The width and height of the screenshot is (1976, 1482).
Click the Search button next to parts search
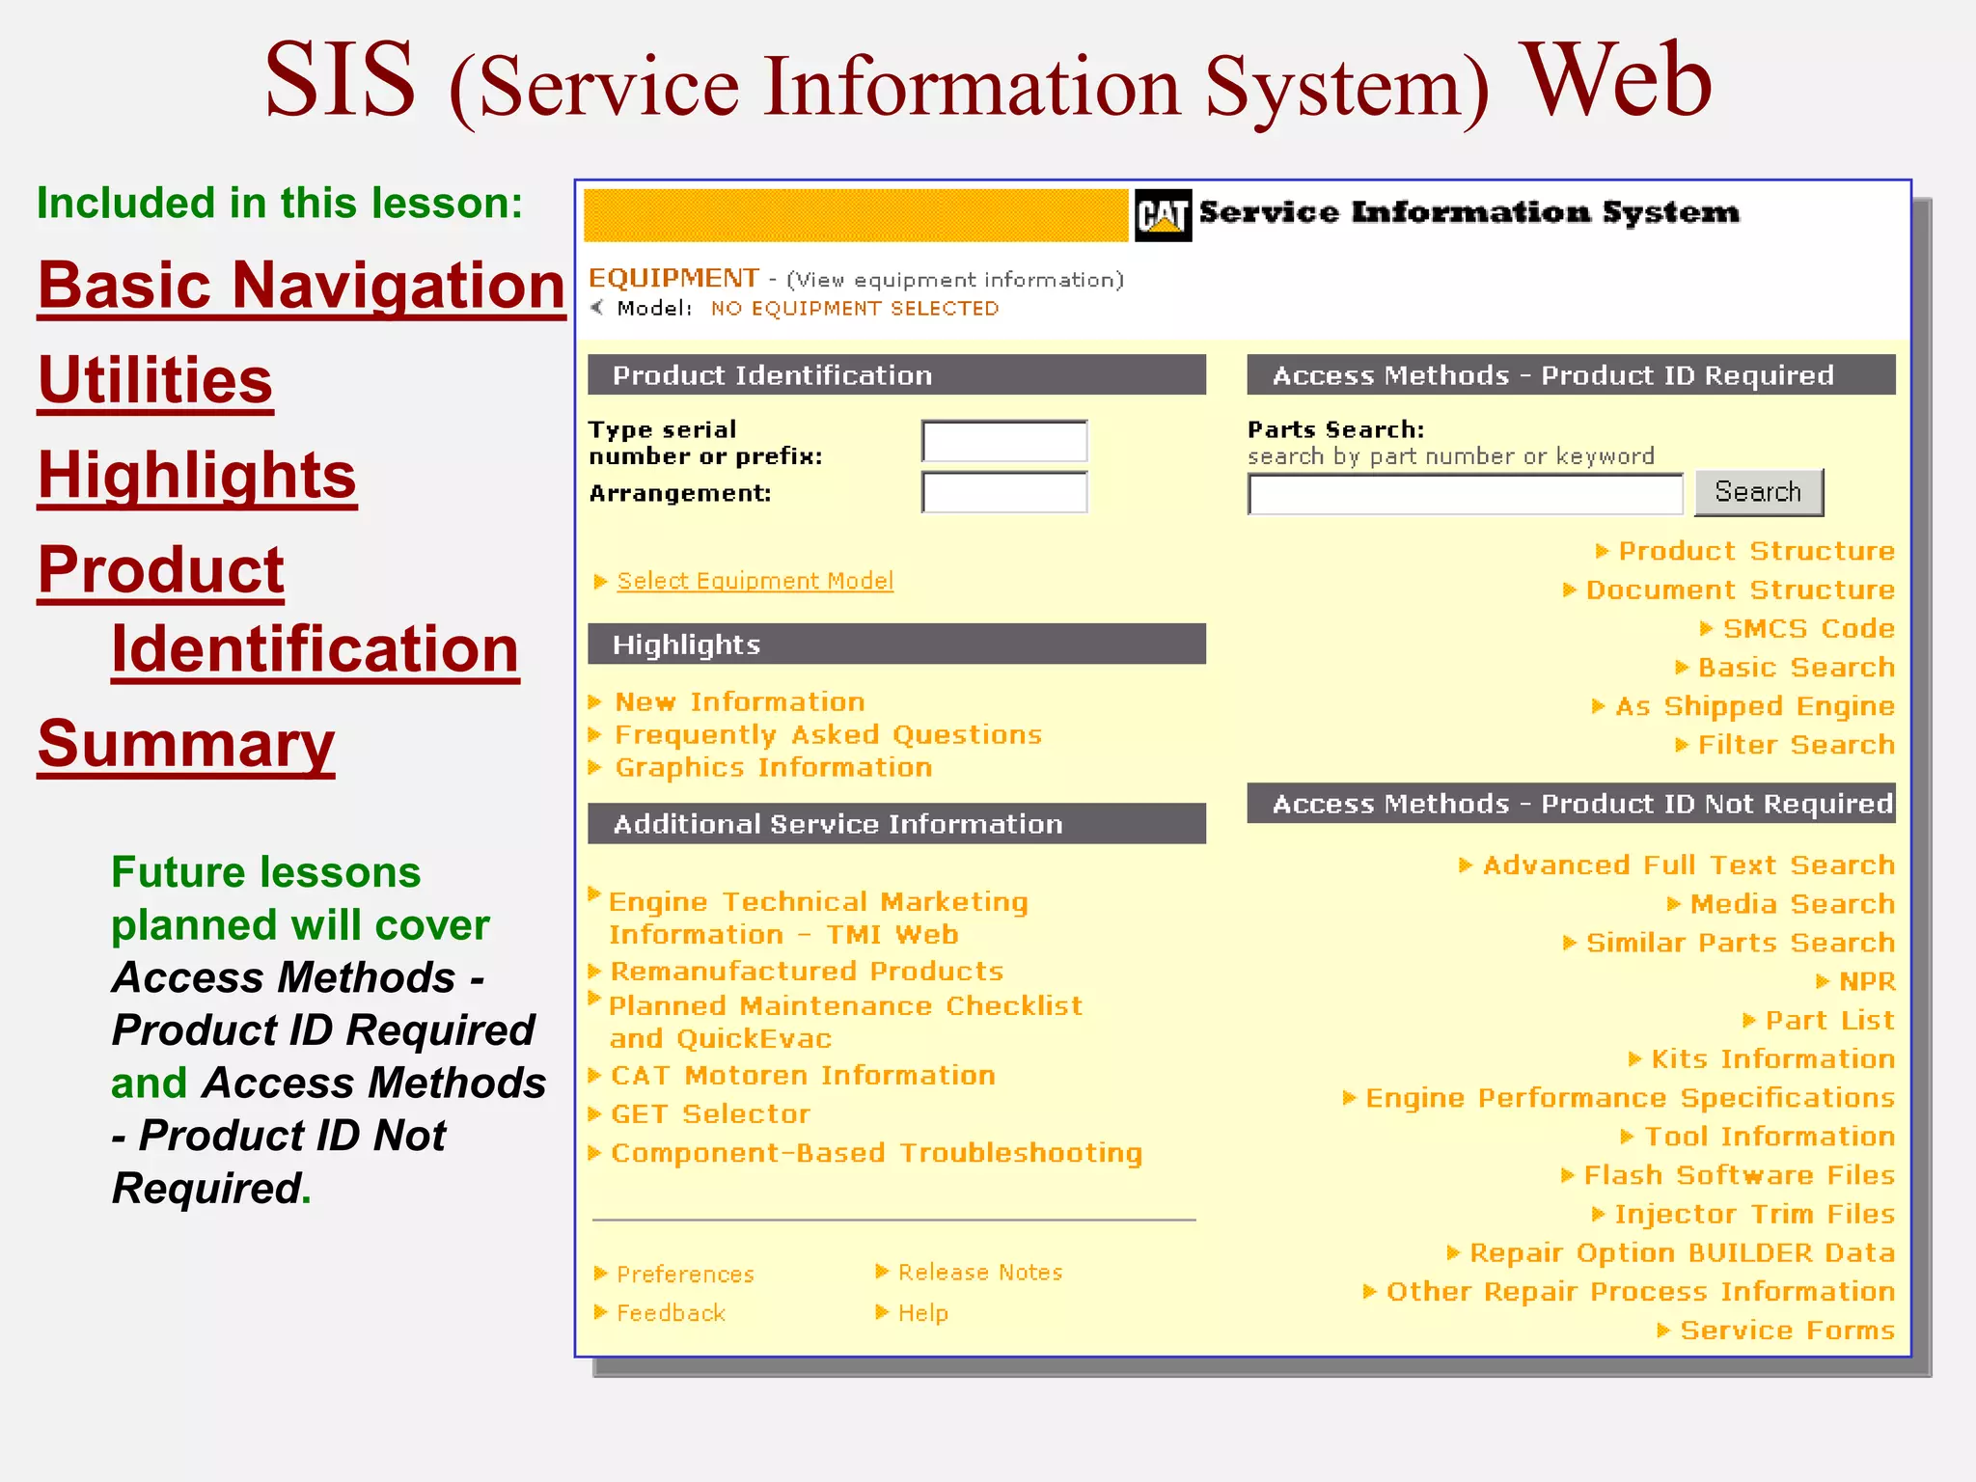(1758, 493)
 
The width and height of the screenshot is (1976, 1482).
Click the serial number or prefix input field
(1004, 442)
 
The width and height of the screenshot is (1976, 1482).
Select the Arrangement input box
(1004, 493)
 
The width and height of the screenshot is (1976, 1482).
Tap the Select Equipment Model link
(755, 581)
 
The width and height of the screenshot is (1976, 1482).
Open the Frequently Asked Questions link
(828, 735)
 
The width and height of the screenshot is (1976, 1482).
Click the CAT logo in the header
(1163, 214)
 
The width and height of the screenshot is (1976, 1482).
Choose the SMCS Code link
(1808, 629)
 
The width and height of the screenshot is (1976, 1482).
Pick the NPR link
(1866, 982)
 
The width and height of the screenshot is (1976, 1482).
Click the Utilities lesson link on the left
(155, 381)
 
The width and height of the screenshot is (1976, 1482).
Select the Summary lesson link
(186, 745)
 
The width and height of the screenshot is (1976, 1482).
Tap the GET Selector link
(710, 1114)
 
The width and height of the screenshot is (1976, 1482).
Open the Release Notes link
(979, 1273)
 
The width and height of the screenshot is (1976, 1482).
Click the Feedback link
(671, 1313)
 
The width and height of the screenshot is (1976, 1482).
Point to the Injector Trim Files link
(1754, 1215)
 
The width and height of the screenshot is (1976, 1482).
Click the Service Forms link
(1787, 1331)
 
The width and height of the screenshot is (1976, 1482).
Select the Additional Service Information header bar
(896, 824)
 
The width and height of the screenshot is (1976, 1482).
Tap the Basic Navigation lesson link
(301, 287)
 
